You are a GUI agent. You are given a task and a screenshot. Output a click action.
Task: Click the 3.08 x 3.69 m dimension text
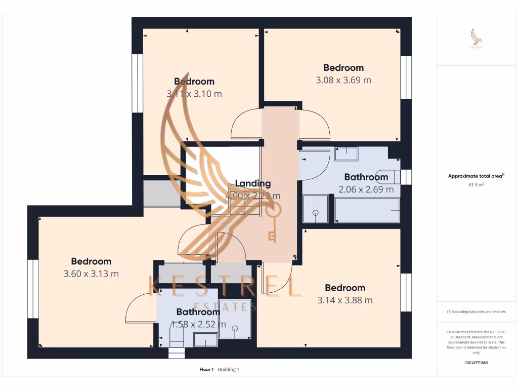343,80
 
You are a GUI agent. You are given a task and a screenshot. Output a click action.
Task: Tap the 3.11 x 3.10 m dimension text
194,94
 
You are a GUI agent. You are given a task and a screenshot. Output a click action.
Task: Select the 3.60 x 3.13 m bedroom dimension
91,274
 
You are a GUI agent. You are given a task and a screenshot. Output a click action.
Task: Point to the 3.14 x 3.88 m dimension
345,300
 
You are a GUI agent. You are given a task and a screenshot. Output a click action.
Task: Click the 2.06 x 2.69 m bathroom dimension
366,189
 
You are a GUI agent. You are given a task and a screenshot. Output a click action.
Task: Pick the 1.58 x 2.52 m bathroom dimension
198,324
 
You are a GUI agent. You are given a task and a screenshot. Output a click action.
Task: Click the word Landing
253,183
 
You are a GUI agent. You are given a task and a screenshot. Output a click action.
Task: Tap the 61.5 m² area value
476,185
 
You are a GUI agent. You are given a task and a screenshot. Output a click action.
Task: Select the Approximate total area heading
476,176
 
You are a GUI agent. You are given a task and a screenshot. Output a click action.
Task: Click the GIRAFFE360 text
476,363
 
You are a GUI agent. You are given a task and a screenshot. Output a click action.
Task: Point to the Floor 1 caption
207,369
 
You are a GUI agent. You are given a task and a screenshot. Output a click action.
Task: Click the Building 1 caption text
229,369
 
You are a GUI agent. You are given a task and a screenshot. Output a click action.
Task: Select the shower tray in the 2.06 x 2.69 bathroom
315,209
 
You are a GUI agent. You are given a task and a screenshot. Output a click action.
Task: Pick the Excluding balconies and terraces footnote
476,312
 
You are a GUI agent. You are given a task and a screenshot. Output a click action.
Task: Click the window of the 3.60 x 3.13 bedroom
33,289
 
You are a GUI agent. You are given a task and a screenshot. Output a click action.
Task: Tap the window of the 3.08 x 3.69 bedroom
406,76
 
